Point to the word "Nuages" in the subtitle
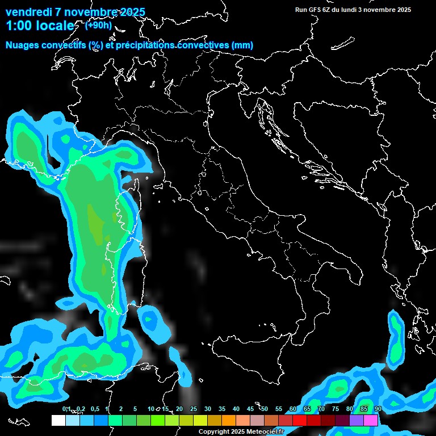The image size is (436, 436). tap(22, 45)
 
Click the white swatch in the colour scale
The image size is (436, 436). tap(58, 420)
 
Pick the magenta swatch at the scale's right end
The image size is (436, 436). tap(371, 420)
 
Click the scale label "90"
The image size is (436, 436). tap(378, 409)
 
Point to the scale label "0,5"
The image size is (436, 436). tap(95, 409)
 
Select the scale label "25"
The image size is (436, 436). tap(193, 409)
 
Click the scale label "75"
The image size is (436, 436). tap(336, 409)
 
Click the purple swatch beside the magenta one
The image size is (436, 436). tap(357, 420)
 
